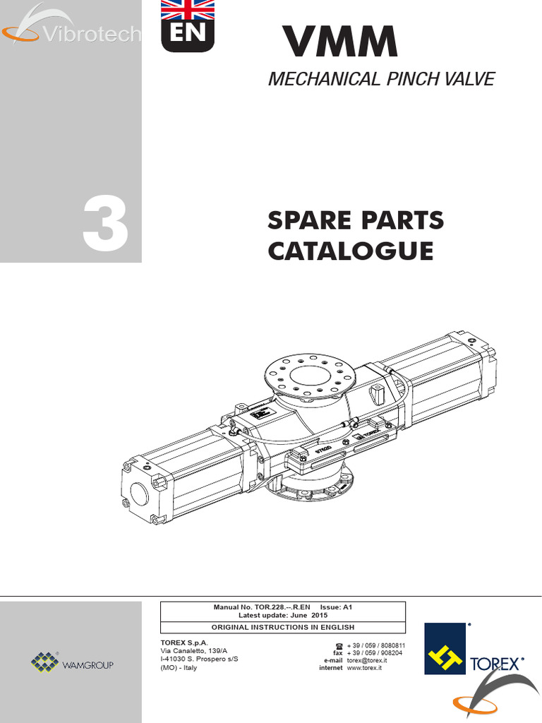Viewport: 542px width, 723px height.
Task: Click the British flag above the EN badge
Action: coord(188,10)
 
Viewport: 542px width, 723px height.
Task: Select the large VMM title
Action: coord(339,42)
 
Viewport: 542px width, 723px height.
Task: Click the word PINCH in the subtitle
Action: coord(412,79)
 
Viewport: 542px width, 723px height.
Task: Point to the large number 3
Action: coord(106,224)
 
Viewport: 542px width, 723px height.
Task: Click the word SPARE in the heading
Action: coord(310,220)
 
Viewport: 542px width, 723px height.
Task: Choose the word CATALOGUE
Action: coord(351,251)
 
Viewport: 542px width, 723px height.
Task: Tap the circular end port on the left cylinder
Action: coord(139,494)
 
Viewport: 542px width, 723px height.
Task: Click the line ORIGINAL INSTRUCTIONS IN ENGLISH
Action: coord(283,627)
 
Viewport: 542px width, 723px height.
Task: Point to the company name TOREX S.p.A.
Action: coord(184,643)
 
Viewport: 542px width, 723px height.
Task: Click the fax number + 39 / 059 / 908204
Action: coord(375,653)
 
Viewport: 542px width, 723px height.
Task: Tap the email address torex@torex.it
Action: coord(367,660)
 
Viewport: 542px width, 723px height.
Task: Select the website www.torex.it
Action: coord(364,668)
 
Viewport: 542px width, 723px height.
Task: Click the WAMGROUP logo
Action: coord(73,662)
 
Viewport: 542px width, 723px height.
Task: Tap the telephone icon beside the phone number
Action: coord(339,645)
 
